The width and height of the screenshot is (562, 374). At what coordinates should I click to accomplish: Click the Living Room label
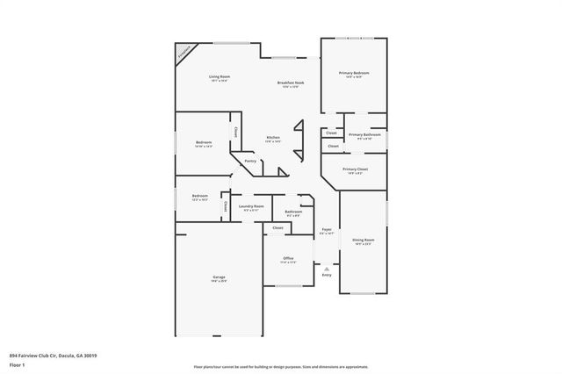pos(219,77)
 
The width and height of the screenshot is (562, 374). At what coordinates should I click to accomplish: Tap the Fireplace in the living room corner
pos(184,53)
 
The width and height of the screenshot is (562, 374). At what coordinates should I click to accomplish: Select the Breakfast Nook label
pos(290,83)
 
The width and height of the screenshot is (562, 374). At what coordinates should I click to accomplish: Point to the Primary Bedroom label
pos(354,73)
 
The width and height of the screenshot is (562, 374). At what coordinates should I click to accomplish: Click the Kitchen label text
pos(273,138)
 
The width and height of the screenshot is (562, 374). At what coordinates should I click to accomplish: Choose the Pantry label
pos(250,161)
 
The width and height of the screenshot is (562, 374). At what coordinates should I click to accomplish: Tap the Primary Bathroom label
pos(360,134)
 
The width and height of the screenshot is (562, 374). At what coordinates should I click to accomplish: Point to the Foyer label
pos(326,230)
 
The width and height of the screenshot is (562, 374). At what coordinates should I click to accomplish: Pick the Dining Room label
pos(364,239)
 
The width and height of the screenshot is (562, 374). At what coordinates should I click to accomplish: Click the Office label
pos(288,258)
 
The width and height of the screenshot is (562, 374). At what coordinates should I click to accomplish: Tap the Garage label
pos(219,277)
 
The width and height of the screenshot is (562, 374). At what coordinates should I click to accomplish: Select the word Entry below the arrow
pos(327,275)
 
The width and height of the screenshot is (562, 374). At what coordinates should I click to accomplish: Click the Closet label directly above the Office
pos(277,227)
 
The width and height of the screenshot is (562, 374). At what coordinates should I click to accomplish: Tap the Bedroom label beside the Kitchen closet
pos(203,142)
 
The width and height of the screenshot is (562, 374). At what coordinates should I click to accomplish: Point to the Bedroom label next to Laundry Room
pos(200,196)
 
